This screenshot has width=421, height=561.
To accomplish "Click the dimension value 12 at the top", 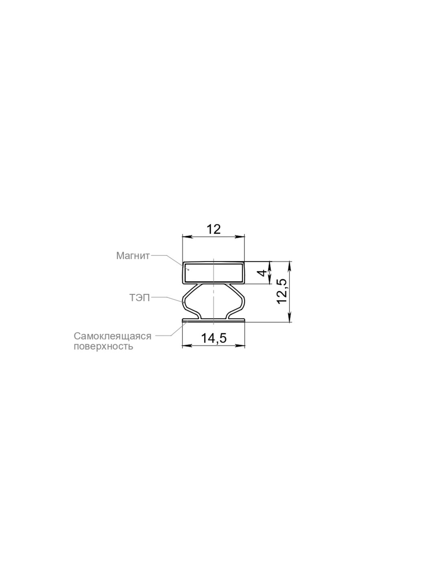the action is (x=213, y=229).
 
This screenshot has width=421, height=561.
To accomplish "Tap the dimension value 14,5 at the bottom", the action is (x=214, y=338).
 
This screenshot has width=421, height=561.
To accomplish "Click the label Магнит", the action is (x=133, y=256).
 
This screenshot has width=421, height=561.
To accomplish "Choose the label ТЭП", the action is (x=140, y=297).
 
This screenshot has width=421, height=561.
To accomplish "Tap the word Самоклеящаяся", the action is (x=113, y=336).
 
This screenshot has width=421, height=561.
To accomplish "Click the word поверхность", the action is (x=103, y=347).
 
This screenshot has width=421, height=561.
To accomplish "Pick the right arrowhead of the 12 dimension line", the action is (x=240, y=237).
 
